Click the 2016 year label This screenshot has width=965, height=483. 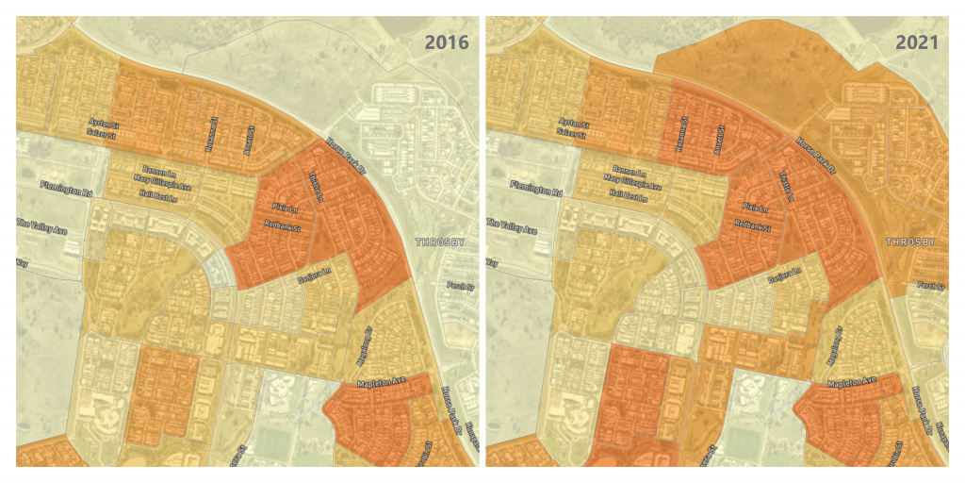447,42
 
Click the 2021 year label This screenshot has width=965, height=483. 917,42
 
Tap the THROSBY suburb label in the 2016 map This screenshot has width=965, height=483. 440,242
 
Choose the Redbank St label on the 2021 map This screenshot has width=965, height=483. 752,226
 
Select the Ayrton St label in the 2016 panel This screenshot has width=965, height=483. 103,124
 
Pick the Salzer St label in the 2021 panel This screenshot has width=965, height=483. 572,134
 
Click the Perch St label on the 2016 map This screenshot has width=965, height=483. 458,286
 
